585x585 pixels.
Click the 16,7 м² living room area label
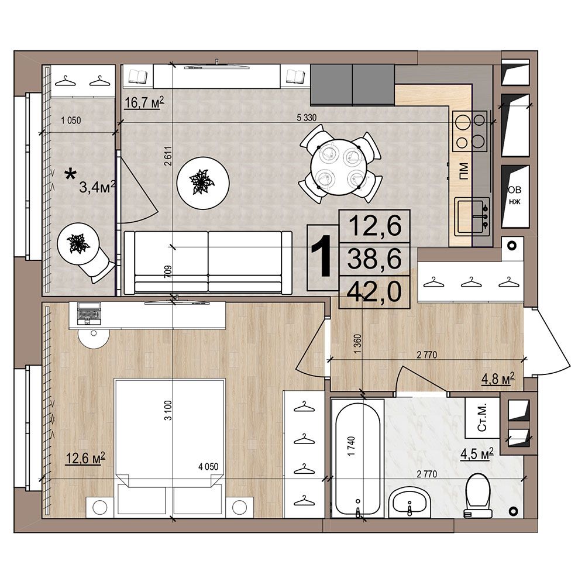click(144, 102)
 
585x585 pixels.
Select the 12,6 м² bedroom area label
click(85, 458)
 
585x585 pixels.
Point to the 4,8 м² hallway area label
click(498, 378)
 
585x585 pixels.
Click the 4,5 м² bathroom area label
click(477, 454)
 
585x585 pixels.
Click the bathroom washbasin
click(409, 504)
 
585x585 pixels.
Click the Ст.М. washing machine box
click(482, 418)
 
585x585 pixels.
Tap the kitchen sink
click(472, 215)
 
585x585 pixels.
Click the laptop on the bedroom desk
click(88, 313)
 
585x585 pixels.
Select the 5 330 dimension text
click(307, 118)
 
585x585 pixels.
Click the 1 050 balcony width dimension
click(71, 120)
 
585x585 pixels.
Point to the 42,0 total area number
click(374, 291)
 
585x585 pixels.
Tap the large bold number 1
click(321, 257)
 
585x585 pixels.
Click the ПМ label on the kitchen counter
click(463, 171)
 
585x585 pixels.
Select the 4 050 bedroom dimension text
click(208, 467)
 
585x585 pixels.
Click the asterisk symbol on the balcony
click(70, 174)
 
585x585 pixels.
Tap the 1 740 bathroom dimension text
click(350, 446)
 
